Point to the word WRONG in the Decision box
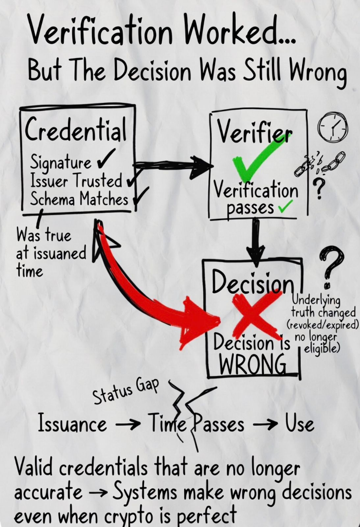(x=253, y=364)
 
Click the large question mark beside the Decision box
(x=331, y=263)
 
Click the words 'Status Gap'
(x=125, y=390)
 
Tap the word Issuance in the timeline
(x=72, y=424)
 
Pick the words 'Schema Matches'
(x=79, y=199)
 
